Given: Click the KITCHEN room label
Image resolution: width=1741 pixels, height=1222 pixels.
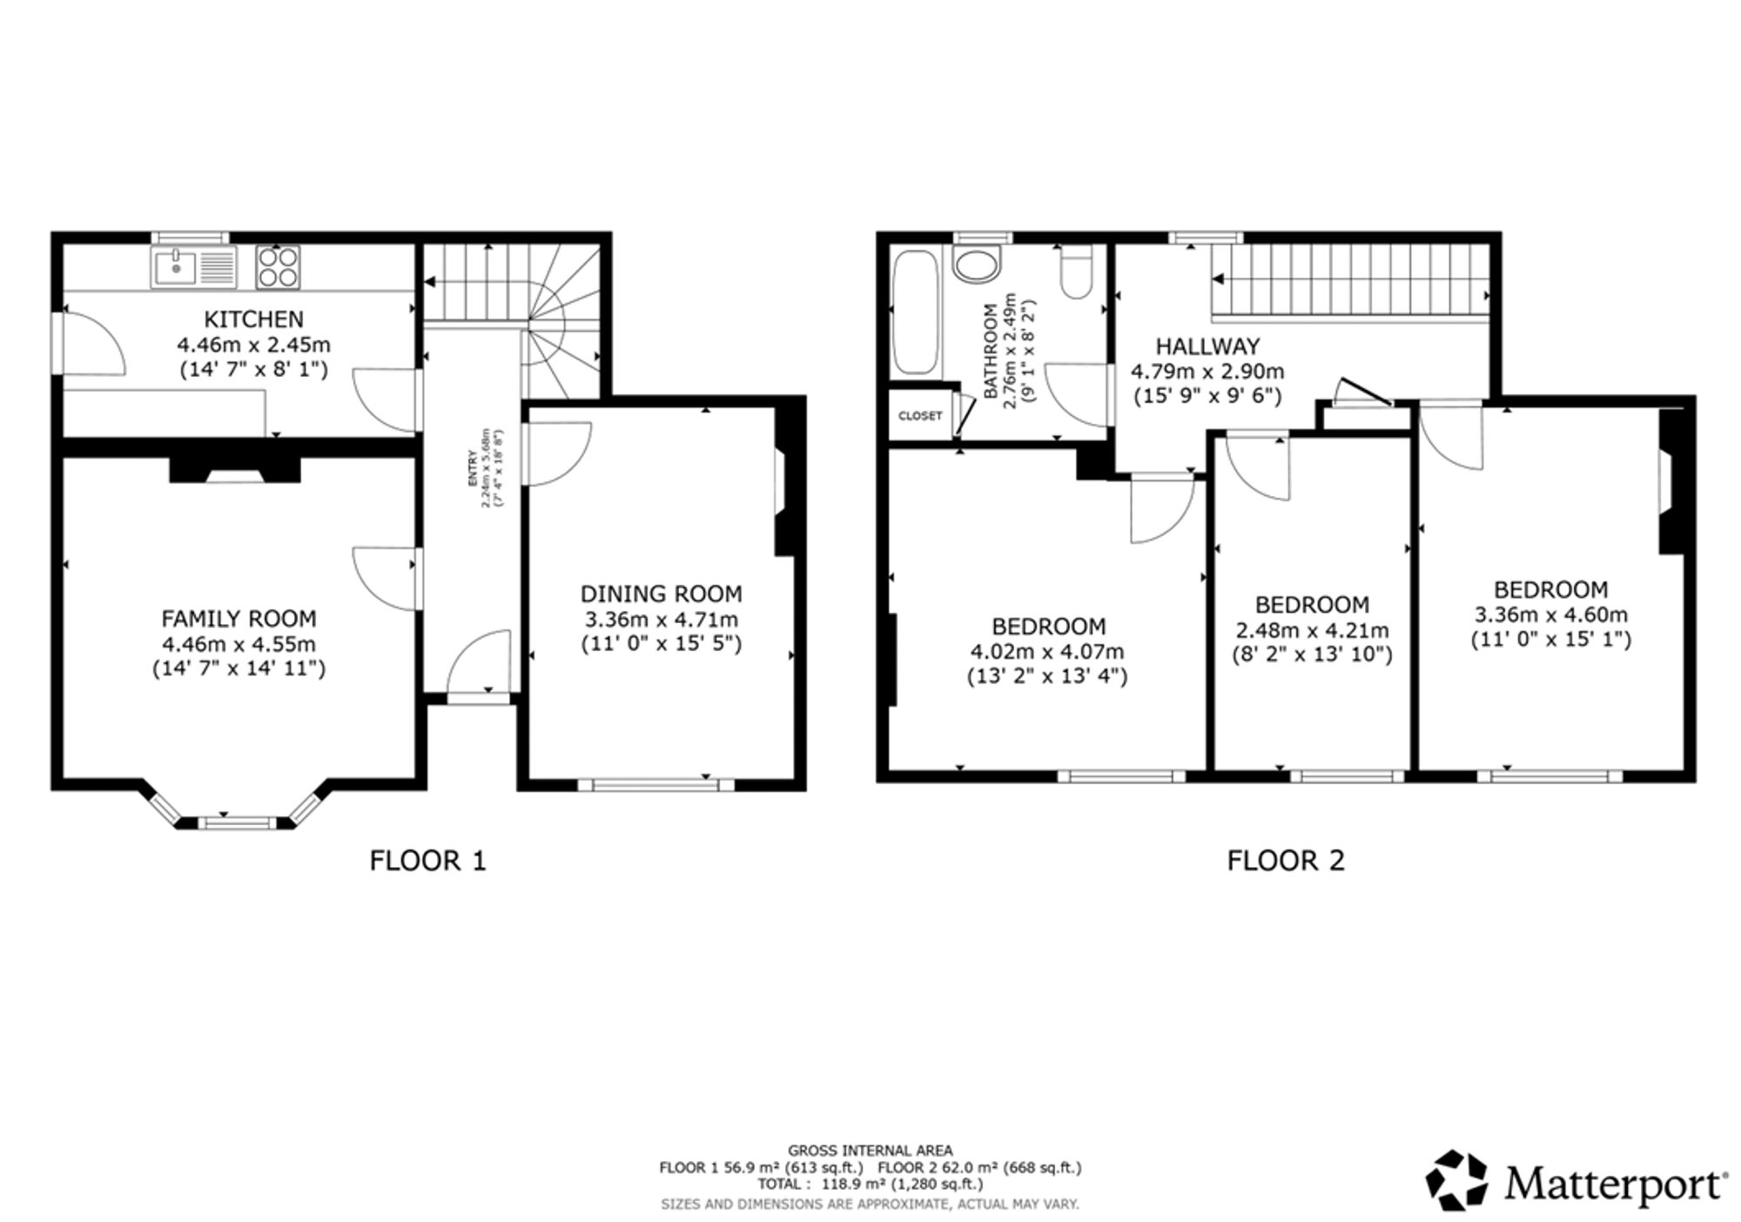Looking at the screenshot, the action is (253, 319).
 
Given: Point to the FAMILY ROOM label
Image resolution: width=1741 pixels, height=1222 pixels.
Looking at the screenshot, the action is (239, 619).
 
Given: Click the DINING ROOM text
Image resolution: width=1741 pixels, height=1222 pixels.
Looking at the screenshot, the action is (662, 594).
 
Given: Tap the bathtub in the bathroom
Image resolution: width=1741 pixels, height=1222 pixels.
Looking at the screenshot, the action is (916, 312).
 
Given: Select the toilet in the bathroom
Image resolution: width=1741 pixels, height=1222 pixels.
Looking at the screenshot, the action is (1078, 271).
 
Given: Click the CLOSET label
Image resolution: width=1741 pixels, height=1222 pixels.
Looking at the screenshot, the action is (920, 416).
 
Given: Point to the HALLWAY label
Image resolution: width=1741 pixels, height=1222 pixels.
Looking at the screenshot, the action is (1207, 346).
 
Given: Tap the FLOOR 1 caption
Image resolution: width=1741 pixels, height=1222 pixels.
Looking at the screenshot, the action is (428, 861).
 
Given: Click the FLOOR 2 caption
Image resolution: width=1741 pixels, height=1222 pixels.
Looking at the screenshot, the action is (1286, 861).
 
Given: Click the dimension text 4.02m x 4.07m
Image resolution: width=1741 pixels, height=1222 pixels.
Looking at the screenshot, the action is (1047, 651).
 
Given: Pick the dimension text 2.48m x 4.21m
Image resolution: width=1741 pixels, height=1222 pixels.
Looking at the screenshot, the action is (1313, 629).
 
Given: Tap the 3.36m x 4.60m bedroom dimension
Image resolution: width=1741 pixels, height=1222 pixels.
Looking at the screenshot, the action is (1551, 614).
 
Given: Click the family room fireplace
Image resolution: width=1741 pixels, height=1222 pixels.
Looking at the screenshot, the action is (235, 470).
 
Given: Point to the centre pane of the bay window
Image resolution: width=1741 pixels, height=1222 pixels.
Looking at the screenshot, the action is (235, 822).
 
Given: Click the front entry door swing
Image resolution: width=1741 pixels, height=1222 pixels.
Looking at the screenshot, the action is (478, 661).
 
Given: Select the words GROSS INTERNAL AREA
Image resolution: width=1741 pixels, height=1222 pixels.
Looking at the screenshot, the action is (870, 1151).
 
